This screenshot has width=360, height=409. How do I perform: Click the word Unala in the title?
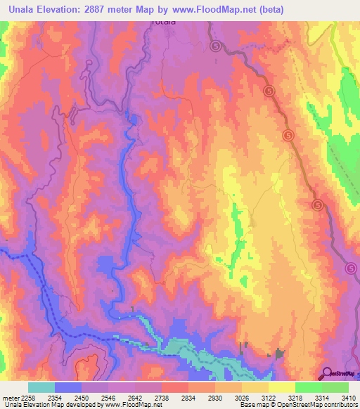(x=23, y=9)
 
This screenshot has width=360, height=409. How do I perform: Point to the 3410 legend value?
(x=348, y=397)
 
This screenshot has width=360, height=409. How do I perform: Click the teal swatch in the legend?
(x=41, y=387)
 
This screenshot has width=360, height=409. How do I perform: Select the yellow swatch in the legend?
(x=281, y=387)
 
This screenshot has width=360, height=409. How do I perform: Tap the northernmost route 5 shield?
(x=215, y=46)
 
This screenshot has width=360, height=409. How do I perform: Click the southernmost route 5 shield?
(x=351, y=268)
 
